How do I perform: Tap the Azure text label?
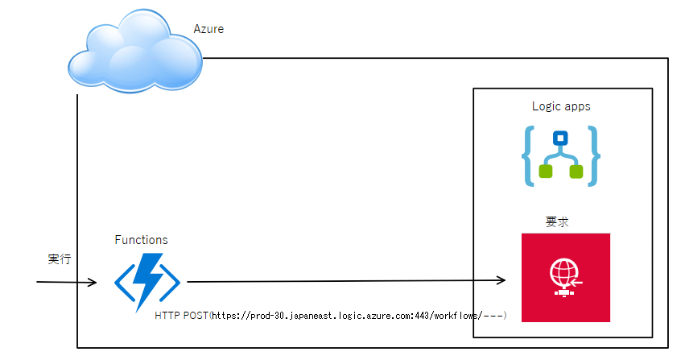coord(208,29)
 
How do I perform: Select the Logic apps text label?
coord(561,106)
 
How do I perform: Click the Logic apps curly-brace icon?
coord(561,155)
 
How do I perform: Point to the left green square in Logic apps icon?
coord(546,172)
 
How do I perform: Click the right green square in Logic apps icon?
coord(576,172)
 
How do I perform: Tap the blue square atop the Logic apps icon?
coord(561,137)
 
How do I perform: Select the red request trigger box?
coord(565,277)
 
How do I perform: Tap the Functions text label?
coord(142,240)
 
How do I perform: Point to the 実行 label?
coord(60,259)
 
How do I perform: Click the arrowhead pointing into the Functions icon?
coord(92,283)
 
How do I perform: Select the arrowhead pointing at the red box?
coord(501,280)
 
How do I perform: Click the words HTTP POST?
coord(181,315)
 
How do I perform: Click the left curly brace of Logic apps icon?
coord(527,155)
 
